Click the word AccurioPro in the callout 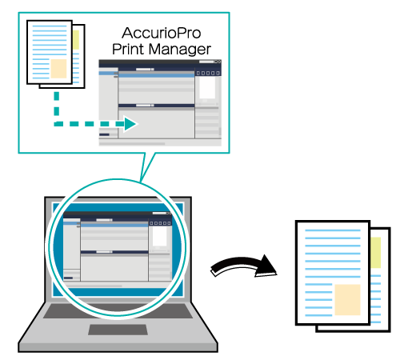click(x=162, y=33)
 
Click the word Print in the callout click(x=127, y=49)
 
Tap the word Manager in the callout click(x=180, y=50)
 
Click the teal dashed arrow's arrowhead click(x=130, y=124)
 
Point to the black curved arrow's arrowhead click(x=266, y=266)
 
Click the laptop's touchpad click(x=118, y=330)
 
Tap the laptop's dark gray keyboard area click(x=118, y=311)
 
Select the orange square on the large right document click(x=347, y=300)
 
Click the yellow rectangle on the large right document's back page click(x=375, y=253)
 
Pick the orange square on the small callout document click(x=58, y=69)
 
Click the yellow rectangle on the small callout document click(x=76, y=40)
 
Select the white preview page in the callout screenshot click(x=207, y=88)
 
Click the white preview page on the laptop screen click(x=159, y=236)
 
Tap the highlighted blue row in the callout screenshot click(x=156, y=75)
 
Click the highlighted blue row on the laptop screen click(x=114, y=226)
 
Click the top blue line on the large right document click(x=333, y=230)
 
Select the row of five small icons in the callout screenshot click(x=208, y=73)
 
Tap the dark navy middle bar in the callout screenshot click(x=156, y=106)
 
